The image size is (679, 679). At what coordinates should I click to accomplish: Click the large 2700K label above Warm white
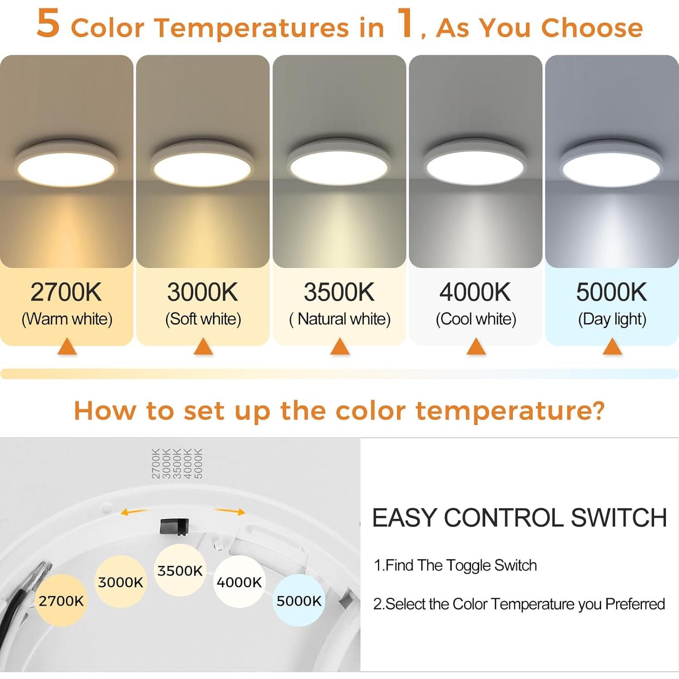(66, 292)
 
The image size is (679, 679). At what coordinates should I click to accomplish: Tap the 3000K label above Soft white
(202, 292)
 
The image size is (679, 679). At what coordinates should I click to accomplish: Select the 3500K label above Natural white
(339, 292)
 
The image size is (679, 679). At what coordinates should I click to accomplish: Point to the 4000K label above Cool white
(475, 292)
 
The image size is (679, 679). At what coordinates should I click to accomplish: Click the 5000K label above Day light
(612, 292)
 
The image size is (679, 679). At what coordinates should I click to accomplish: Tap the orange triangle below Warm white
(67, 347)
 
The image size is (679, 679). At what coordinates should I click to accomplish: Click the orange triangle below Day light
(612, 347)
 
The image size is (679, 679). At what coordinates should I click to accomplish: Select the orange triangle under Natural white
(340, 347)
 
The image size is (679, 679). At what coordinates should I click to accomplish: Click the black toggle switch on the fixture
(174, 526)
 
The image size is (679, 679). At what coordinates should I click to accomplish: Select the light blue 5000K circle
(299, 601)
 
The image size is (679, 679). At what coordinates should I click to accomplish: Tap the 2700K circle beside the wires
(61, 601)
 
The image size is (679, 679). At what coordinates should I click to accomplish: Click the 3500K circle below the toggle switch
(180, 570)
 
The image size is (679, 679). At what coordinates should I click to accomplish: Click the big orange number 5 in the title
(48, 24)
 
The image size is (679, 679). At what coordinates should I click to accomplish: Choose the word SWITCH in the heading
(619, 518)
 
